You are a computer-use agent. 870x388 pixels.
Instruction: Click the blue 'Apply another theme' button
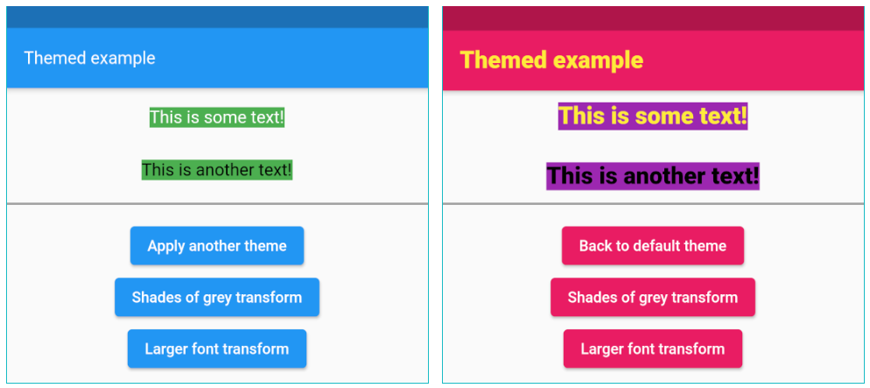pos(217,246)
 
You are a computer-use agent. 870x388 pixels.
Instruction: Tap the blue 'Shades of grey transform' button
pos(217,298)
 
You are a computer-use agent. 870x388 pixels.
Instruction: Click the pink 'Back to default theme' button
pos(653,246)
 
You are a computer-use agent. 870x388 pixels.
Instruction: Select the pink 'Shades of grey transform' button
pos(653,298)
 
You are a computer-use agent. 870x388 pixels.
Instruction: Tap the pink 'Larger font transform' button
pos(653,349)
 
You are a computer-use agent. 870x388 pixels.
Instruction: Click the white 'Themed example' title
pos(89,59)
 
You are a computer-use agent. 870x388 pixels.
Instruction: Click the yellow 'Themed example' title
pos(551,60)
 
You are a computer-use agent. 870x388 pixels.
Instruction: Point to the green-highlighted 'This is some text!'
pos(217,117)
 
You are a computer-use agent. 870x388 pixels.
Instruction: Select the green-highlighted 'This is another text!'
pos(217,170)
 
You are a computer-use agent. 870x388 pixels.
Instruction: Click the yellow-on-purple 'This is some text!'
pos(653,116)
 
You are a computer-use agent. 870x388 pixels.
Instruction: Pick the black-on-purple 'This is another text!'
pos(653,176)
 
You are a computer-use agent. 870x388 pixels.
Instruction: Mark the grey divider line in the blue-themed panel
pos(217,204)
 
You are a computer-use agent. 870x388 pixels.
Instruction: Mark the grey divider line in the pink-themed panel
pos(653,204)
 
